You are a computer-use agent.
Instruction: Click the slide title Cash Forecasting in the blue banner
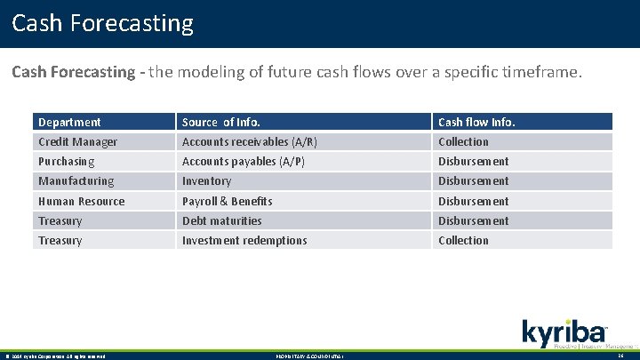[102, 23]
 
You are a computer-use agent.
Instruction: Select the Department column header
[69, 122]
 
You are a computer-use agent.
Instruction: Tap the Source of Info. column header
[221, 122]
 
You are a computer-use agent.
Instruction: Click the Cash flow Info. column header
[476, 122]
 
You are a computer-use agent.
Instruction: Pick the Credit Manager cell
[77, 141]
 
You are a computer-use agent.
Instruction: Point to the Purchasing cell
[66, 161]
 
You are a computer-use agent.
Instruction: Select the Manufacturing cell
[76, 180]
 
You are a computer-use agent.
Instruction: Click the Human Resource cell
[81, 201]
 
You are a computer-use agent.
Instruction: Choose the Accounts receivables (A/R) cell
[250, 141]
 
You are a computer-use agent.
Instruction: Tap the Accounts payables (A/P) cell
[243, 161]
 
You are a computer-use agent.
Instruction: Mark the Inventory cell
[206, 180]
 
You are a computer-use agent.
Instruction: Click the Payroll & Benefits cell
[227, 201]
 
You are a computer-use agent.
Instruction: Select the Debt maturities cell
[221, 220]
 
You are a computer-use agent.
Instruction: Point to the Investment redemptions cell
[244, 240]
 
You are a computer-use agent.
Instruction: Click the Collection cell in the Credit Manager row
[463, 141]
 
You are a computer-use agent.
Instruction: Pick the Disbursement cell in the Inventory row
[473, 180]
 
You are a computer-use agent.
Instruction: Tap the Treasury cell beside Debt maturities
[60, 220]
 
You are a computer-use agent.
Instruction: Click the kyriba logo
[564, 332]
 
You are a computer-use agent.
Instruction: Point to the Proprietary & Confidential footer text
[308, 356]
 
